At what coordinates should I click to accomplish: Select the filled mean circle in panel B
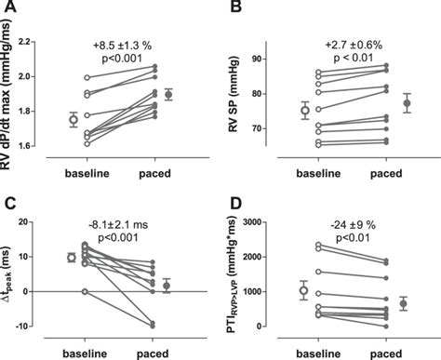pos(407,103)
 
